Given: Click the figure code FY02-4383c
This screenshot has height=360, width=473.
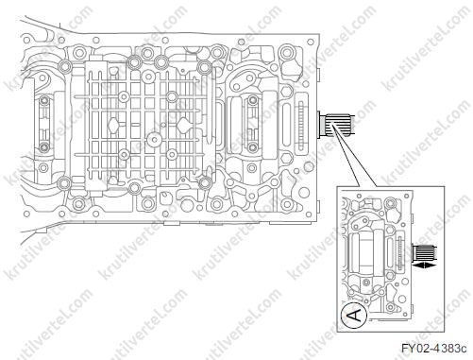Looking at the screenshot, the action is [x=433, y=349].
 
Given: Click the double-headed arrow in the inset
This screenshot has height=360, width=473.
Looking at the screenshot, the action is [x=425, y=266].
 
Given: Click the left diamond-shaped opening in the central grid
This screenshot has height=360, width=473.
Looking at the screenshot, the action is [x=113, y=125].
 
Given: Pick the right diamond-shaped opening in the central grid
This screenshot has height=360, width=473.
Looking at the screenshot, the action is [x=182, y=125].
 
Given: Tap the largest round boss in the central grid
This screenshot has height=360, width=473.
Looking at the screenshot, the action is [x=155, y=140].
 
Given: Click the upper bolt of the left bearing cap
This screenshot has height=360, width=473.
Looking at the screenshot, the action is [x=44, y=101].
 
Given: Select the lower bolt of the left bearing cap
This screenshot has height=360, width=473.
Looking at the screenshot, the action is [x=44, y=146].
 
